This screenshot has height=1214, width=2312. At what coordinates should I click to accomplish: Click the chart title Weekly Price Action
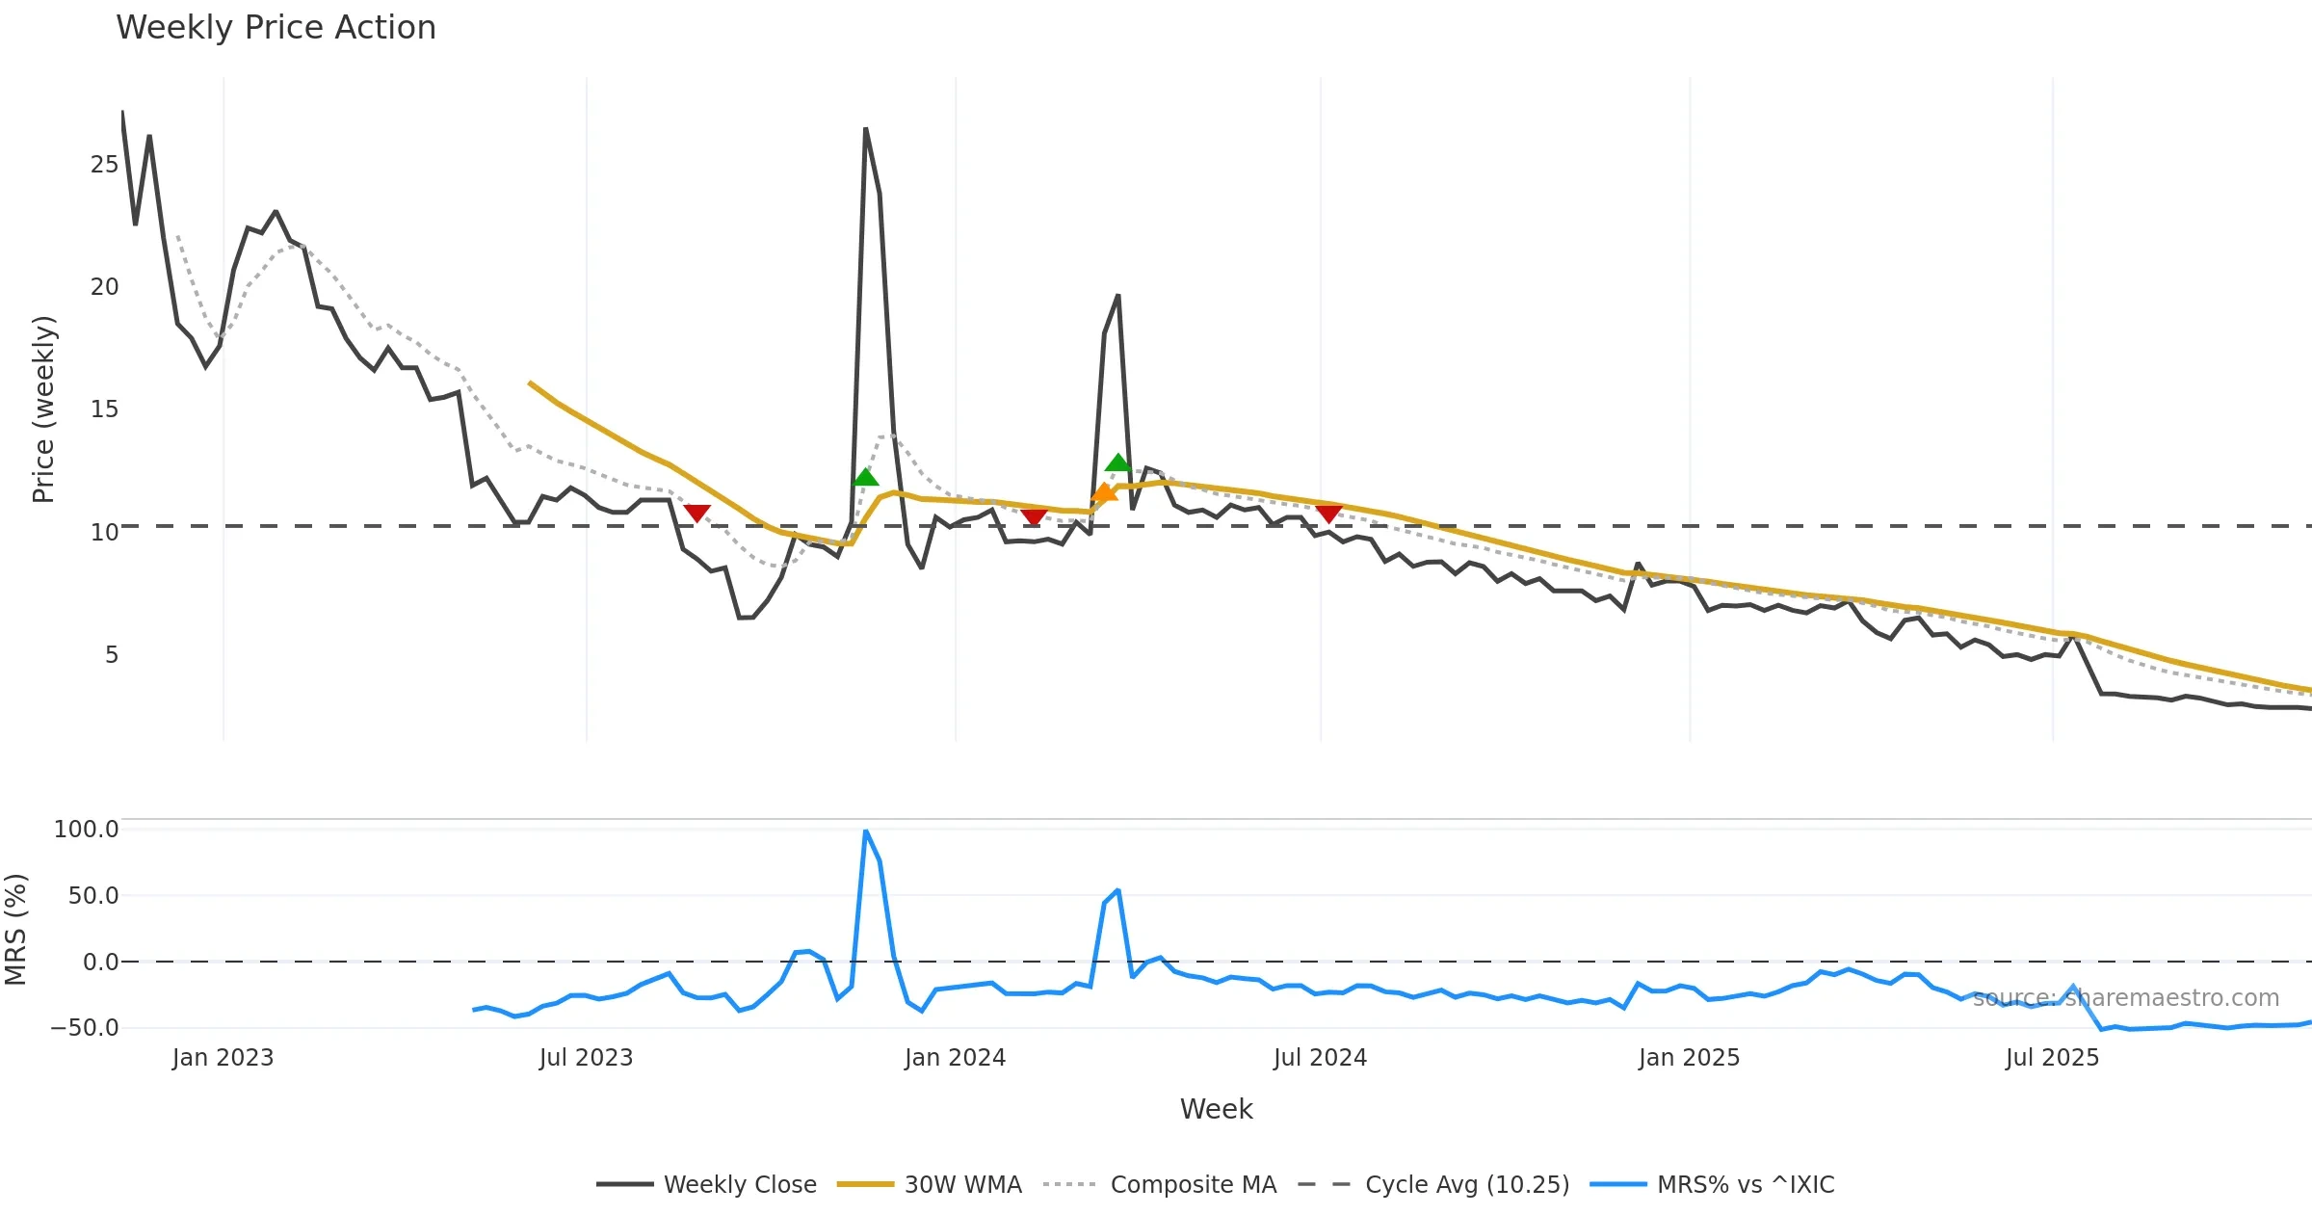276,28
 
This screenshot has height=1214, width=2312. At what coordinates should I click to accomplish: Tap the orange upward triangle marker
1104,493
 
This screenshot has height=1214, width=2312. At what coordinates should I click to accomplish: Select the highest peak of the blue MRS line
866,831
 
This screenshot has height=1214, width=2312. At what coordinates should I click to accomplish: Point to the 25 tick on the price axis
104,165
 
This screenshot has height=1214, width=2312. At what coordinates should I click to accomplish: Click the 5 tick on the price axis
112,655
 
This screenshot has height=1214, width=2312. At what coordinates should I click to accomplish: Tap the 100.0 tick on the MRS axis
86,830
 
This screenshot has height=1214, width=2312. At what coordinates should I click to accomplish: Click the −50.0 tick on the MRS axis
85,1028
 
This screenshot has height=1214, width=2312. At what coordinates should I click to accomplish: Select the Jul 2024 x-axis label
1320,1058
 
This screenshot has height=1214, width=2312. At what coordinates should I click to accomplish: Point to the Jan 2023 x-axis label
223,1058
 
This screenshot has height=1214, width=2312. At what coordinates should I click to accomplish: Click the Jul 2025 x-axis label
2052,1058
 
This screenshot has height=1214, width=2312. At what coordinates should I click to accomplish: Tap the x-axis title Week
1216,1109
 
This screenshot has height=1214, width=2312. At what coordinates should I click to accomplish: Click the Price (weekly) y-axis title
43,409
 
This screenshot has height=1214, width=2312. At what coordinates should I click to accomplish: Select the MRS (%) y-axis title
15,930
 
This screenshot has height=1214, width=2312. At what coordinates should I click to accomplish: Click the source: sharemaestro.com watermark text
2125,998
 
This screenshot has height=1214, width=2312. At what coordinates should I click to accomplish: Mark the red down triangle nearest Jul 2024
1328,514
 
